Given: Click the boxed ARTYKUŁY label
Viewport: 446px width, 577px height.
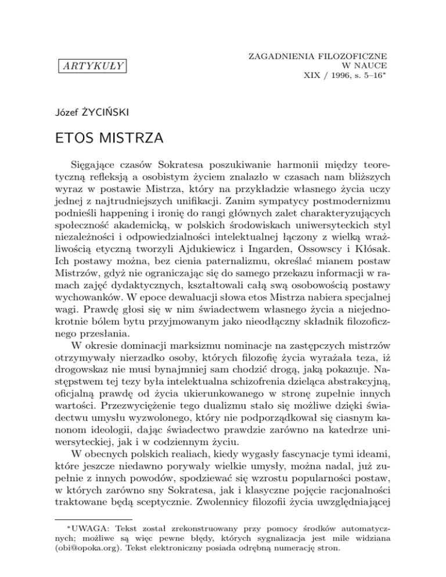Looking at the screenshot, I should (x=93, y=65).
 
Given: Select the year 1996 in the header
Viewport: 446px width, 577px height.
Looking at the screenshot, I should (x=334, y=75).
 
